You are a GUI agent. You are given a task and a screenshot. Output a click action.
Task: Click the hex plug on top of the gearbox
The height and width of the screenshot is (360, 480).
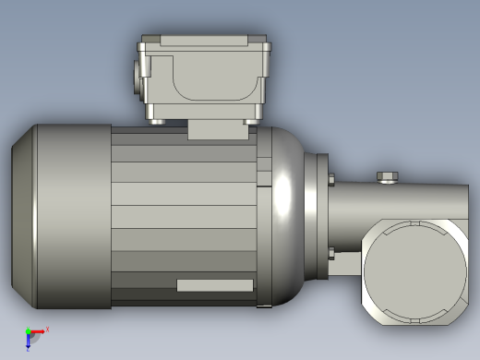point(388,176)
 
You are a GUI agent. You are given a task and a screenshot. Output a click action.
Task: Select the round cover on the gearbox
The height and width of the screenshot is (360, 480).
point(414,272)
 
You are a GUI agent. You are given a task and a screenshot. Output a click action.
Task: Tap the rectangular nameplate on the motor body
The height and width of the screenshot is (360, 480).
point(214,285)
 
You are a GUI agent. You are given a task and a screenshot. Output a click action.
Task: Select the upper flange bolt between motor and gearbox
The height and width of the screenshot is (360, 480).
point(330,179)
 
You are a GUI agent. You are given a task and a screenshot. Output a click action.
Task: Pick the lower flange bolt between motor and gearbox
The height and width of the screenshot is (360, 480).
point(330,253)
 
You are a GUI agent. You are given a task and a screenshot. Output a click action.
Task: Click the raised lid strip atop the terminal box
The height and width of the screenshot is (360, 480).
point(203,41)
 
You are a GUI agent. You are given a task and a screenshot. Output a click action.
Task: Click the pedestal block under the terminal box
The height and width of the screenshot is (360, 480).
point(218,130)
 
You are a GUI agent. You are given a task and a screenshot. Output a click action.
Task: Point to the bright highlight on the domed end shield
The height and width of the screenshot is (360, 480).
point(282,197)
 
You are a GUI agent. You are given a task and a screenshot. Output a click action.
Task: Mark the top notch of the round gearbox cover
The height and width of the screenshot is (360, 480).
point(414,222)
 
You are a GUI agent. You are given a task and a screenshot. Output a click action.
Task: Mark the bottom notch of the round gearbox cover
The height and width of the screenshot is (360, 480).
point(414,322)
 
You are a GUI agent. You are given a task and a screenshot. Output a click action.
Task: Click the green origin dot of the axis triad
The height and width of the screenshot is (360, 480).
point(29,331)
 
